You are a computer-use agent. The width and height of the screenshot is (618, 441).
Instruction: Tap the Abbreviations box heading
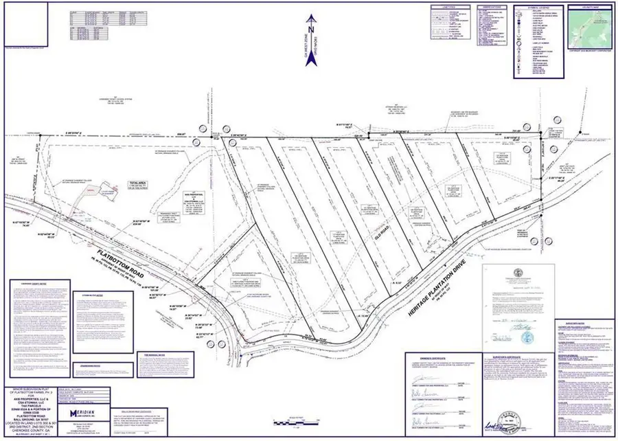(484, 8)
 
